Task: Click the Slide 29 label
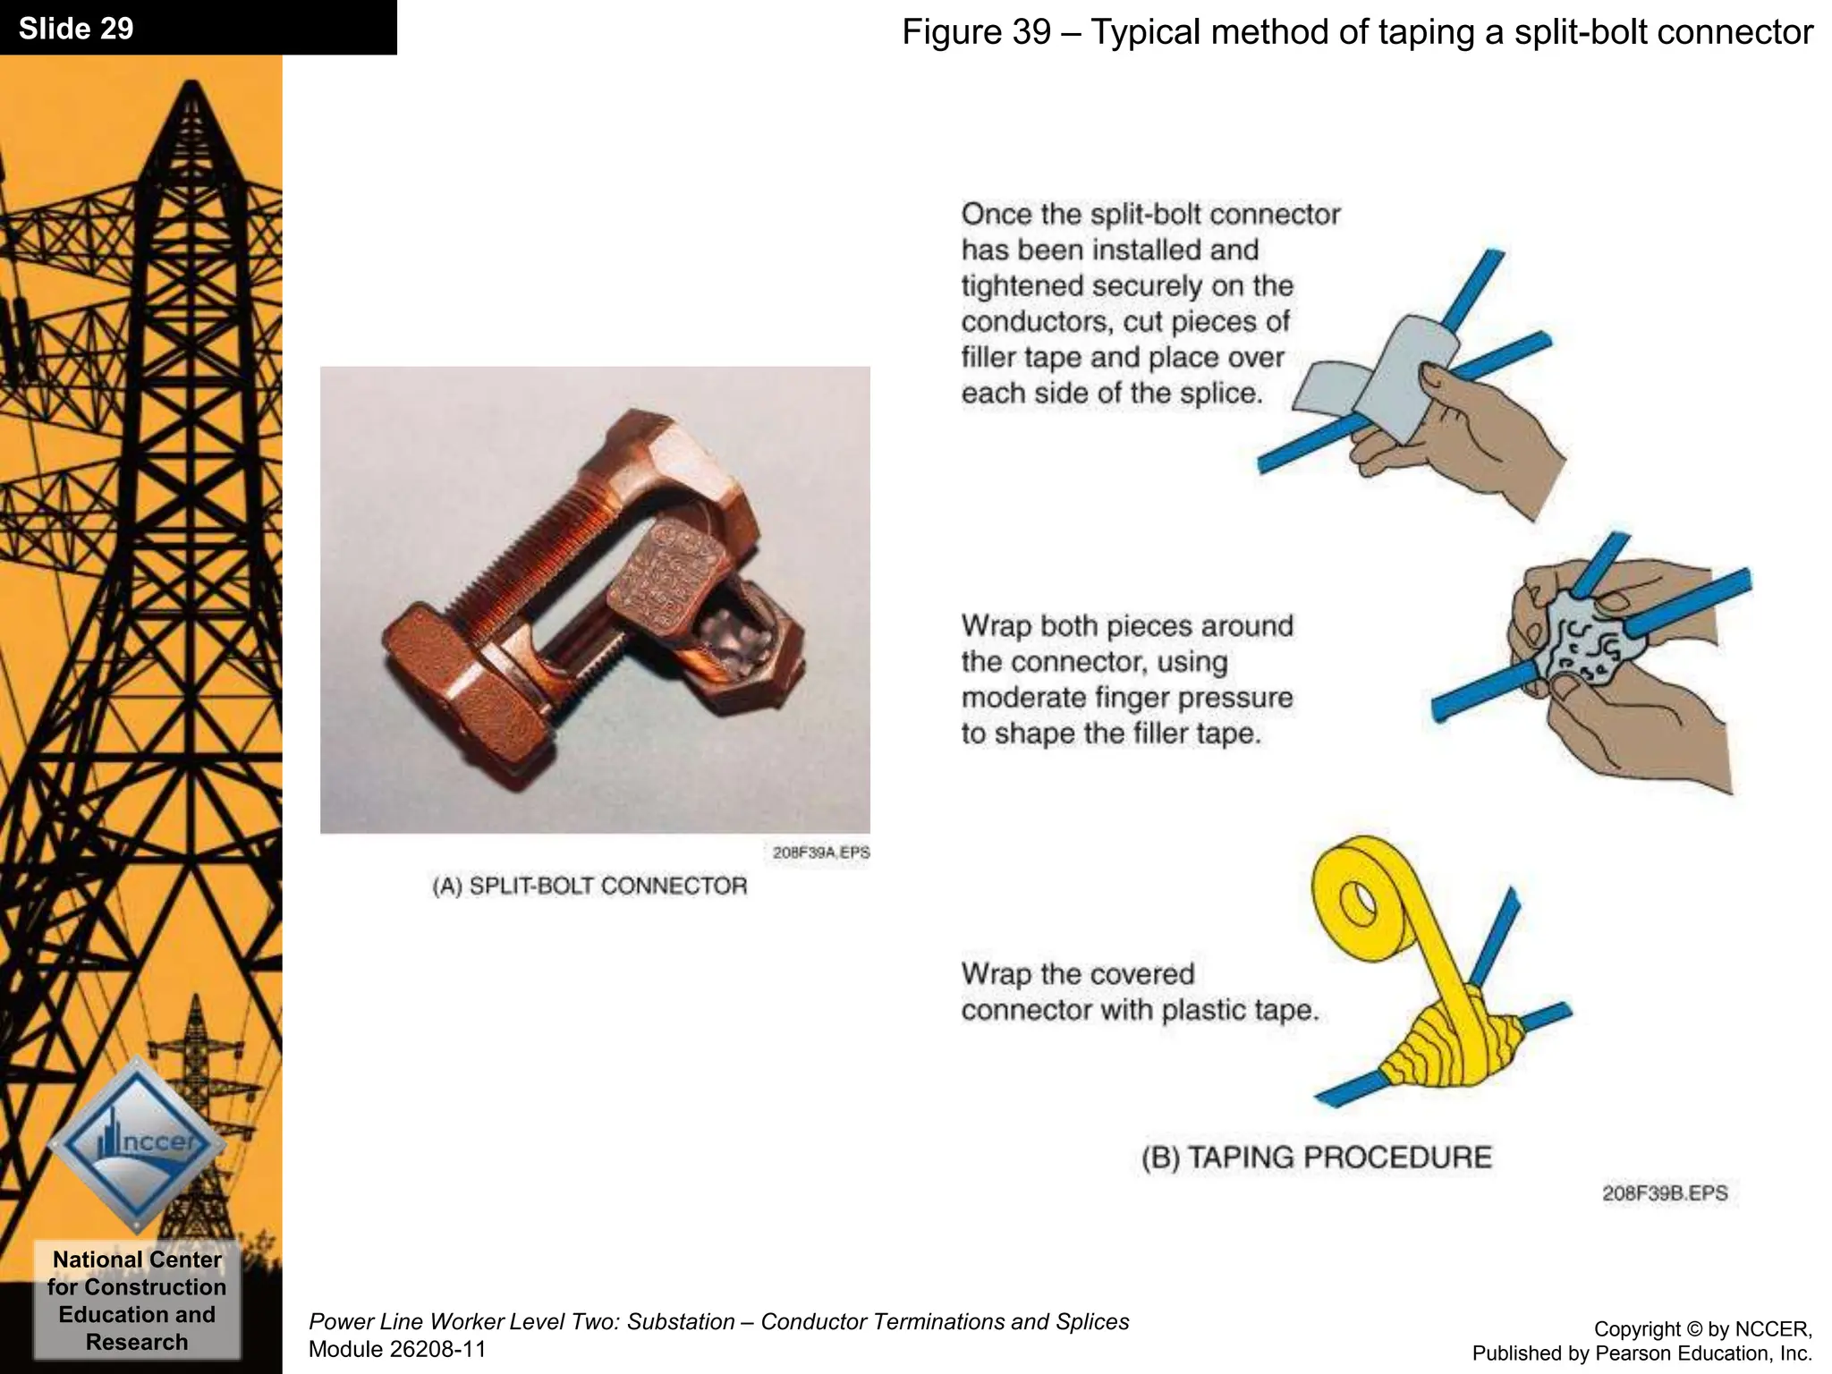pos(76,29)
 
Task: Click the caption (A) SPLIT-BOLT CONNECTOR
pos(589,886)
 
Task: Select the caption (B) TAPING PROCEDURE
pos(1316,1157)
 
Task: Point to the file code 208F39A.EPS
pos(820,852)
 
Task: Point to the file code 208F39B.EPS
pos(1664,1192)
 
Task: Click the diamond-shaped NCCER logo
pos(136,1143)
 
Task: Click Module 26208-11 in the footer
pos(396,1349)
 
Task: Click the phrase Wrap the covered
pos(1077,973)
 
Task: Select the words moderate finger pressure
pos(1126,697)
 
